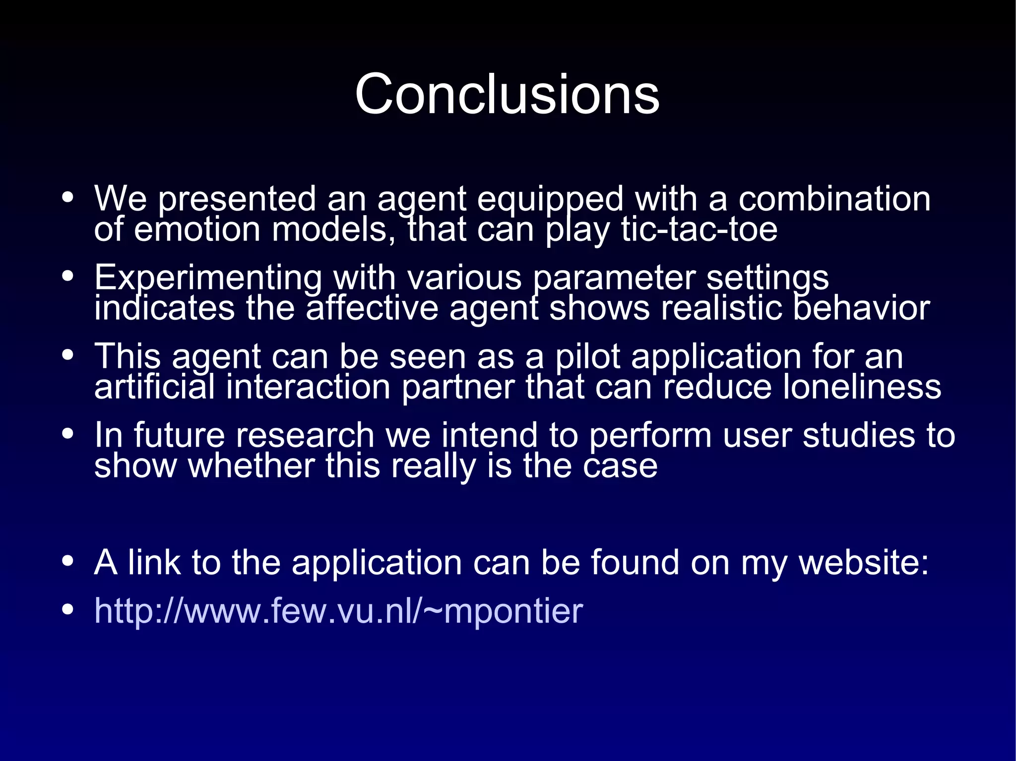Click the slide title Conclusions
507,94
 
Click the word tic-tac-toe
699,230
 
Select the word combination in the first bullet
834,199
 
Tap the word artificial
154,387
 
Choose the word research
305,435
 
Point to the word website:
864,562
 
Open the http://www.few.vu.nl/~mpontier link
338,611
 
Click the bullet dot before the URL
68,610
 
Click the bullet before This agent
68,355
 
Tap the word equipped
550,199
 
